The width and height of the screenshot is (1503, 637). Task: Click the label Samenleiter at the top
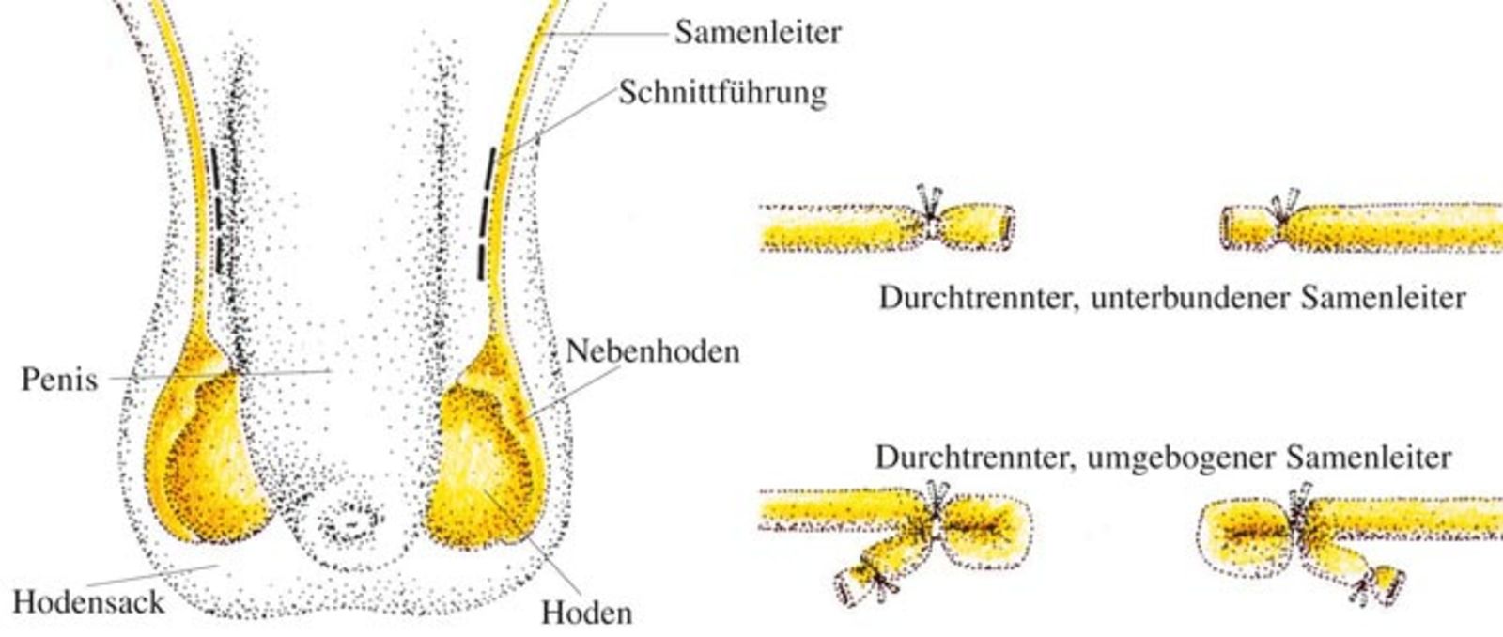pyautogui.click(x=757, y=32)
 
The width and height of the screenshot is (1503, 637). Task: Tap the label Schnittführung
pyautogui.click(x=722, y=93)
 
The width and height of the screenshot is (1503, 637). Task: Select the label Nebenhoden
pyautogui.click(x=653, y=351)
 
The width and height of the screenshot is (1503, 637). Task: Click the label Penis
pyautogui.click(x=60, y=380)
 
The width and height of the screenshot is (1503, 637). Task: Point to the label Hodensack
pyautogui.click(x=88, y=601)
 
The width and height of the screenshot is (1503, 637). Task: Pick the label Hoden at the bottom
pyautogui.click(x=586, y=613)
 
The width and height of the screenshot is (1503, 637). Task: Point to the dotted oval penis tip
pyautogui.click(x=350, y=520)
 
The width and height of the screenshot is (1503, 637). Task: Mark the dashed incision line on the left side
pyautogui.click(x=217, y=210)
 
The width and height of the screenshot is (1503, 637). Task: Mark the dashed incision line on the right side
pyautogui.click(x=487, y=213)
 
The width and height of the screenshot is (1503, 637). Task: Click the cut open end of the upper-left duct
pyautogui.click(x=1007, y=226)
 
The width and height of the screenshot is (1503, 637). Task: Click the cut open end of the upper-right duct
pyautogui.click(x=1227, y=226)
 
